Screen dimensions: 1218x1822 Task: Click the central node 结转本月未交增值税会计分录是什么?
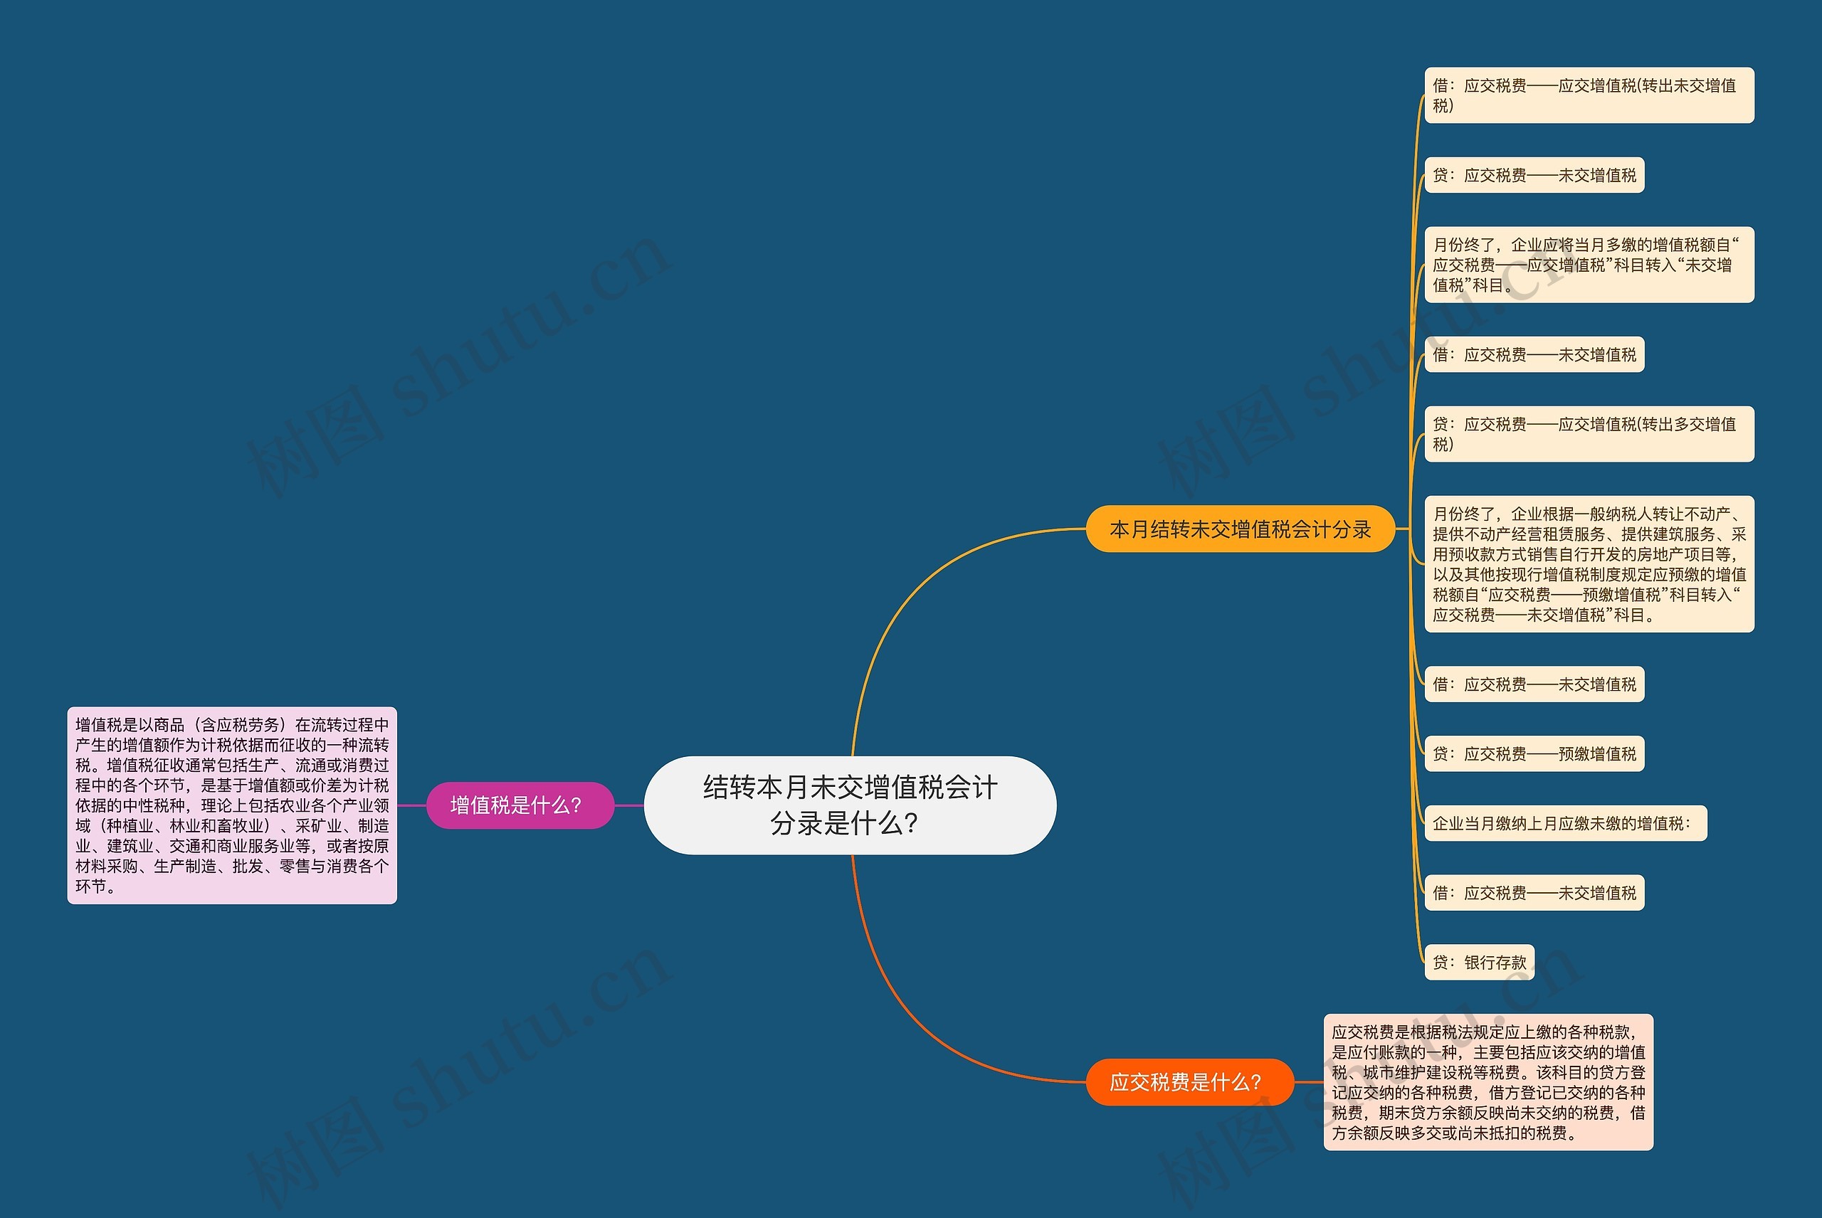pos(850,805)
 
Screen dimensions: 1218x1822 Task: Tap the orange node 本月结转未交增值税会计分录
pos(1240,529)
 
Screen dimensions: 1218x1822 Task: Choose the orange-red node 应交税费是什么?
pos(1189,1081)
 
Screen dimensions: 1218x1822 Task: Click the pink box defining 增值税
pos(231,805)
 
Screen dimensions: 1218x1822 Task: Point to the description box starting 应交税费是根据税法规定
pos(1488,1081)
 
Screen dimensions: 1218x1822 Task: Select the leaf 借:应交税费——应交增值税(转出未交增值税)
pos(1588,95)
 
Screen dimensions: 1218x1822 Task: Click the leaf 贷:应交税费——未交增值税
pos(1534,175)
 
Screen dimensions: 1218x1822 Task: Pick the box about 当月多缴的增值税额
pos(1588,265)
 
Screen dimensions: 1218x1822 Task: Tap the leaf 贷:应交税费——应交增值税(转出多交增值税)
pos(1588,433)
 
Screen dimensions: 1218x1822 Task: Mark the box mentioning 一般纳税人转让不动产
pos(1588,564)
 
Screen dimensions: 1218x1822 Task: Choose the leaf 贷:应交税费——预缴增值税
pos(1534,753)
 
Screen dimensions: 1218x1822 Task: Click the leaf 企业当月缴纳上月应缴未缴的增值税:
pos(1565,823)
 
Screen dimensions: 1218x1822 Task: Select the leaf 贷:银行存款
pos(1478,963)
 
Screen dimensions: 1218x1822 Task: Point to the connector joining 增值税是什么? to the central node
pos(629,805)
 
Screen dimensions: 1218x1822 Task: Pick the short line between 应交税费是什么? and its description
pos(1309,1081)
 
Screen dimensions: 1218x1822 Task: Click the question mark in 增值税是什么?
pos(576,805)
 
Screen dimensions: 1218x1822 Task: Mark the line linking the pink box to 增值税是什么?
pos(412,805)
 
